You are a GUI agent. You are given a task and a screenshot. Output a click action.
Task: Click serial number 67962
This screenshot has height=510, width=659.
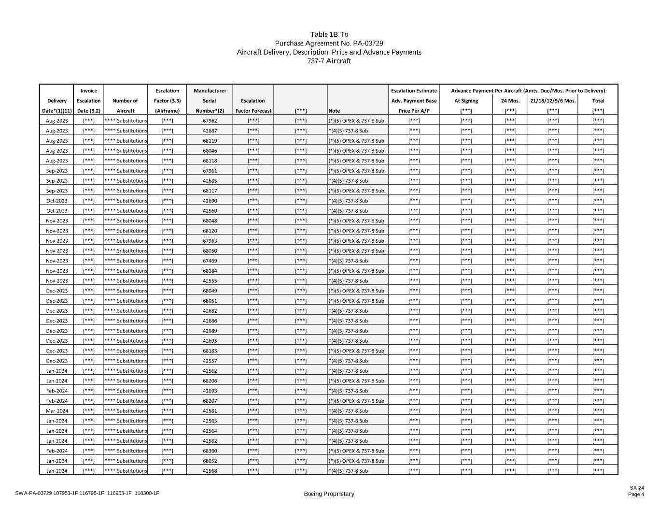tap(210, 121)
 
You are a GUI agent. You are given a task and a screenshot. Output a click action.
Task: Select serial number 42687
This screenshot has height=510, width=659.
tap(210, 131)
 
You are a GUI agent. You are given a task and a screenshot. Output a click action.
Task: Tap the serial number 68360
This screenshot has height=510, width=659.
tap(210, 451)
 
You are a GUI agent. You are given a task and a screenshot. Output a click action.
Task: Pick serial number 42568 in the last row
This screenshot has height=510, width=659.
tap(210, 471)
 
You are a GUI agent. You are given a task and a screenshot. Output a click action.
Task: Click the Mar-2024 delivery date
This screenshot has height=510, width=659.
tap(57, 411)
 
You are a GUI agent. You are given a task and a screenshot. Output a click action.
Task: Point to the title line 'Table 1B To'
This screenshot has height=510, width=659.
tap(329, 34)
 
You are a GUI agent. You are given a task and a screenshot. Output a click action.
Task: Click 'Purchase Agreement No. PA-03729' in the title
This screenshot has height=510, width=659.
tap(329, 44)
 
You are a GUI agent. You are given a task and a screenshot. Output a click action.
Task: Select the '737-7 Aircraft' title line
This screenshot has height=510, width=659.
tap(329, 61)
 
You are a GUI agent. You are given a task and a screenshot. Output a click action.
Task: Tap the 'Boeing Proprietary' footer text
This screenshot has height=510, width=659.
tap(329, 494)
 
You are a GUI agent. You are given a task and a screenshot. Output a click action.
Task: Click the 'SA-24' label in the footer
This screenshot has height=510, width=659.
tap(636, 488)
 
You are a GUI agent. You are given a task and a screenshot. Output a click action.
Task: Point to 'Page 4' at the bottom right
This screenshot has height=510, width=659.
tap(636, 494)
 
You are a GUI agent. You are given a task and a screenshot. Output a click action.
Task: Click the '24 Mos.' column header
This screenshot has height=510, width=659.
tap(510, 101)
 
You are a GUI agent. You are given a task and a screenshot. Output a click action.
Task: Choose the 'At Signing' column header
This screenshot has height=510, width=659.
tap(466, 101)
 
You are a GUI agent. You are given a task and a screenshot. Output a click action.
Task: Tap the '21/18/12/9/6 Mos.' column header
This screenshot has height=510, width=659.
tap(553, 101)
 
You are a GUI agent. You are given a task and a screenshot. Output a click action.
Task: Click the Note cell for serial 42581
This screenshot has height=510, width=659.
tap(348, 411)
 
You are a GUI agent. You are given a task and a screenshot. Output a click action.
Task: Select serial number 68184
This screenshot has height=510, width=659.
tap(210, 271)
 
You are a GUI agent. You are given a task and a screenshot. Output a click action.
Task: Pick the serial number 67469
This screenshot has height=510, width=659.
tap(210, 261)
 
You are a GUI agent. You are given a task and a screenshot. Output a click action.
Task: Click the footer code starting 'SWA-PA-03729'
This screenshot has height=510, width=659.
tap(87, 493)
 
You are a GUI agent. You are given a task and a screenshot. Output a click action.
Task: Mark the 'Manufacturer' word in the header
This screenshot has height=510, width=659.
tap(210, 90)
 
